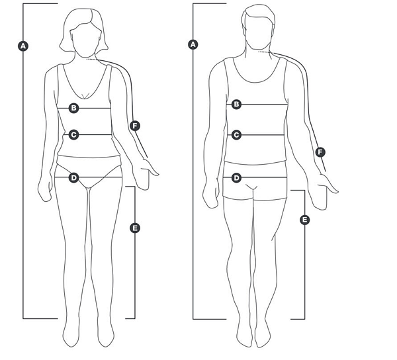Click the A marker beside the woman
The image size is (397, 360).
click(x=23, y=46)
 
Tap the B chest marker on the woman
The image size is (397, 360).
click(x=73, y=108)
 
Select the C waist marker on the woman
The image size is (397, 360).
click(x=73, y=135)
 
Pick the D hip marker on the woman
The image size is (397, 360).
click(x=73, y=178)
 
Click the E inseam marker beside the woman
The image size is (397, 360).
click(x=135, y=228)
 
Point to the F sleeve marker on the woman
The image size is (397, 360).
click(x=135, y=126)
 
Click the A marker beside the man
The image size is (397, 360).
click(x=193, y=44)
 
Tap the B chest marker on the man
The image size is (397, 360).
click(x=236, y=104)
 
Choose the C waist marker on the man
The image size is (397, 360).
click(x=236, y=135)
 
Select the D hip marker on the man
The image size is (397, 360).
click(x=236, y=178)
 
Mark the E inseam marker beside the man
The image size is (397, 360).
click(x=305, y=220)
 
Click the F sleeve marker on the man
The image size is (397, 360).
click(x=320, y=152)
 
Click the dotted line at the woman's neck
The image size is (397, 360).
click(x=92, y=60)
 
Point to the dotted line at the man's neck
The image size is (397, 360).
click(x=264, y=52)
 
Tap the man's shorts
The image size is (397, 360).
click(x=255, y=181)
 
